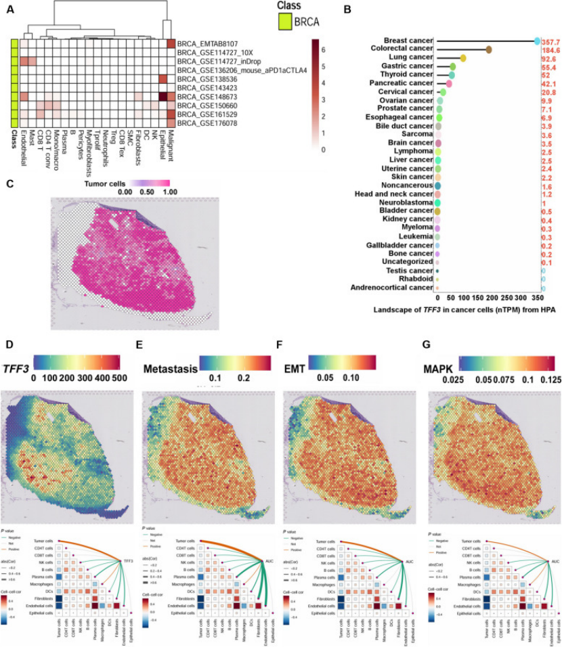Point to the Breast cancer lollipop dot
536,41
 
